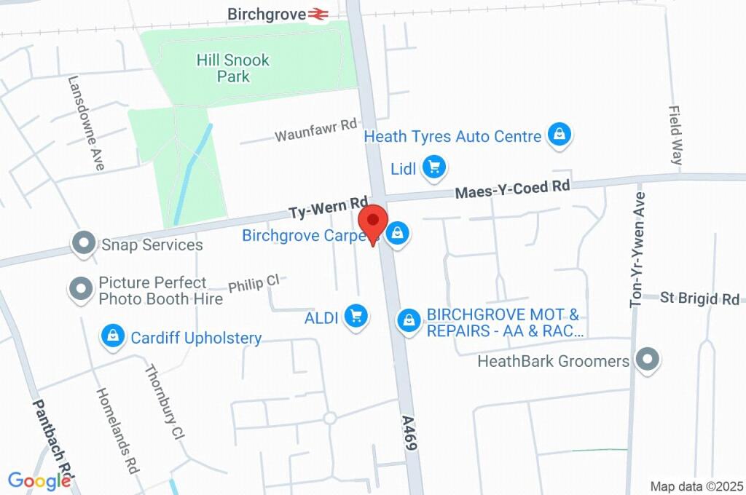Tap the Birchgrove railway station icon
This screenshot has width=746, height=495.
pos(317,14)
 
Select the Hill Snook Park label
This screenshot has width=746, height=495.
pos(233,68)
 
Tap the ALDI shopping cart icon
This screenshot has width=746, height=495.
pos(356,316)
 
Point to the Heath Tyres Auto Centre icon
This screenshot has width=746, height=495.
pos(559,135)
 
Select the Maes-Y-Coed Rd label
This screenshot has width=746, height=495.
pos(512,189)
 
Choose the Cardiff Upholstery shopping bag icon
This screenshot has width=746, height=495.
pos(113,336)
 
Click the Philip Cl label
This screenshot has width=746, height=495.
pos(254,284)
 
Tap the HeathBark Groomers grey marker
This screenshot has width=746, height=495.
pos(645,360)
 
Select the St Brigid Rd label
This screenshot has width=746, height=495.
pos(699,298)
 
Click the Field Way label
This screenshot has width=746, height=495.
pos(675,135)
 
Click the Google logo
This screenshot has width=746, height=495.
pos(39,480)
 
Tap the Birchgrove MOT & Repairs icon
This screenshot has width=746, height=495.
pos(409,320)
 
